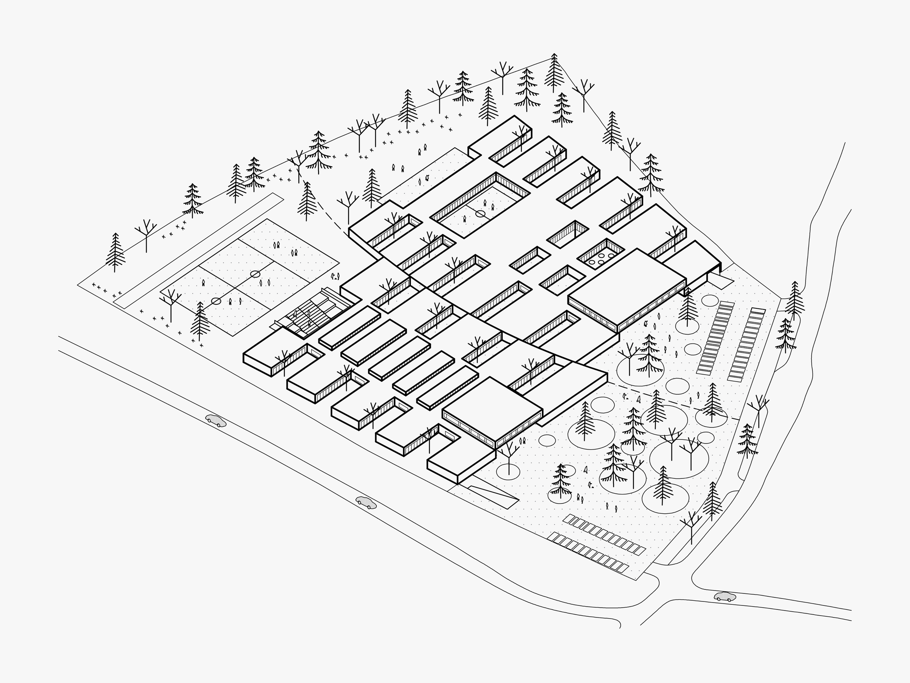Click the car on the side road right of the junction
(724, 597)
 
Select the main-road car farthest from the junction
(216, 421)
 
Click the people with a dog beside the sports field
(336, 276)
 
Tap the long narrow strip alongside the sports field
(197, 251)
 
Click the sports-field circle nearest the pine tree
(216, 301)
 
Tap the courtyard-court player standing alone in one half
(465, 219)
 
